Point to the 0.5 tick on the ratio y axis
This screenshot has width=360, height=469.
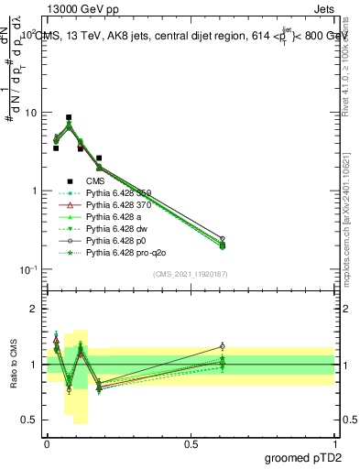point(31,420)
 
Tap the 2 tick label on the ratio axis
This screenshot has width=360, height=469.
point(35,309)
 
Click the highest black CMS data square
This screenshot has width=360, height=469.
point(69,117)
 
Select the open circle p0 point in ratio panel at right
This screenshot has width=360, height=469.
point(221,346)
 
